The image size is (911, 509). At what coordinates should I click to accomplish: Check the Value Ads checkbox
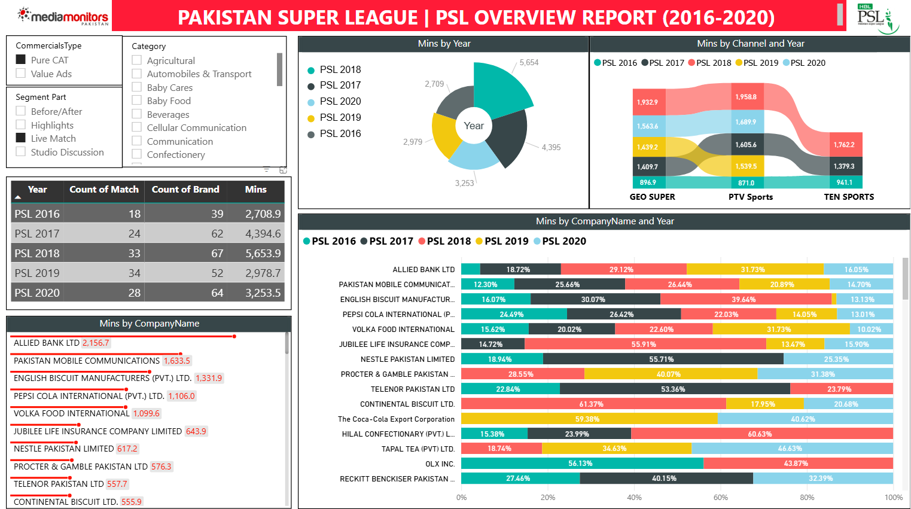click(21, 74)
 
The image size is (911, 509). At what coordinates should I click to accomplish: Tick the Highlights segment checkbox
click(21, 125)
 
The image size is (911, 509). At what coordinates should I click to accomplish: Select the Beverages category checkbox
click(137, 114)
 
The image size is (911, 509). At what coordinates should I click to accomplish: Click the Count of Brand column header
click(185, 190)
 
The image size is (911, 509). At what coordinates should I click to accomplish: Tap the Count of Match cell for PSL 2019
click(134, 273)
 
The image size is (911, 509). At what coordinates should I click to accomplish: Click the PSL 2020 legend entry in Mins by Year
click(340, 102)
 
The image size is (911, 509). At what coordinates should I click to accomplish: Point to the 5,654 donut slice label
click(529, 63)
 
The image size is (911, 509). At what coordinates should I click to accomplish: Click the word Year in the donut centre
click(474, 126)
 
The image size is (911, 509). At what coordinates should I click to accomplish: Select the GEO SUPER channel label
click(652, 197)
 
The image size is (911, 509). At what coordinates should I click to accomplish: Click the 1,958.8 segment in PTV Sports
click(746, 97)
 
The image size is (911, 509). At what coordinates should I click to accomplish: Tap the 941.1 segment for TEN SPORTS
click(845, 182)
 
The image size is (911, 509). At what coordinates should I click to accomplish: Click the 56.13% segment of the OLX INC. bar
click(580, 464)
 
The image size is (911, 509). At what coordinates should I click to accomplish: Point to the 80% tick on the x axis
click(807, 498)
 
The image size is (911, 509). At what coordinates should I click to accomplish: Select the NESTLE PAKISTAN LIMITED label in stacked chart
click(407, 359)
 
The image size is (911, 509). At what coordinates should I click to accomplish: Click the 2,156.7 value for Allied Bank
click(96, 343)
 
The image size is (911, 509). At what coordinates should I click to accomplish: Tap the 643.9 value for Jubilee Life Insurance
click(196, 431)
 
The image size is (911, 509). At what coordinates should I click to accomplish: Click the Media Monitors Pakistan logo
click(64, 16)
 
